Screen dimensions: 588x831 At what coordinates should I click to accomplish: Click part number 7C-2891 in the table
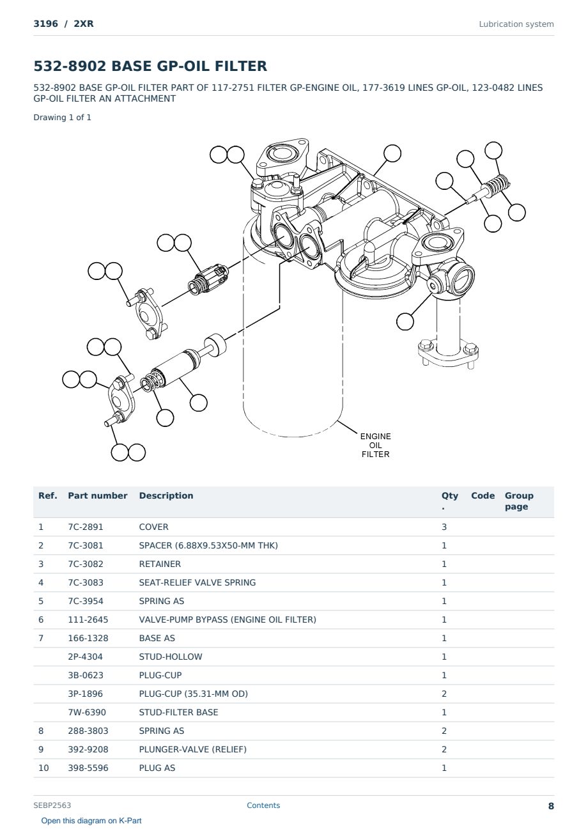86,527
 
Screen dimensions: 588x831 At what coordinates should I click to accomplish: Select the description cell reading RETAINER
160,564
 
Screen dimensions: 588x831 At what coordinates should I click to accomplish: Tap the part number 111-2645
88,619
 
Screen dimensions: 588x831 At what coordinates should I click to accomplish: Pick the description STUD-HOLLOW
171,656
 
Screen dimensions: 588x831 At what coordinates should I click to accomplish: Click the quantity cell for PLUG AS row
444,768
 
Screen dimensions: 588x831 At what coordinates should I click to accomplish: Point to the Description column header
166,495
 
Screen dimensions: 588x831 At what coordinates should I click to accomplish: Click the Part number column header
98,495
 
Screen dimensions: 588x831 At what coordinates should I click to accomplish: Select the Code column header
483,495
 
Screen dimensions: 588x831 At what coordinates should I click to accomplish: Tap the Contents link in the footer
263,805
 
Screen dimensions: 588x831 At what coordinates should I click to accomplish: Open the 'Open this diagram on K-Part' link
91,821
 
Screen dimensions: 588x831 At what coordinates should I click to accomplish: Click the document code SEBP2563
52,805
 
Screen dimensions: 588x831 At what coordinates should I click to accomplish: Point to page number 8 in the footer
551,806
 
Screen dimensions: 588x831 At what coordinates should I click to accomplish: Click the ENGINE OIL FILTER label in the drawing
375,445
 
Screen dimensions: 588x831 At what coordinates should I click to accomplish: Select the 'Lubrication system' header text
516,24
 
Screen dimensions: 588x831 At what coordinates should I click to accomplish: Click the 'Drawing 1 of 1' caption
63,118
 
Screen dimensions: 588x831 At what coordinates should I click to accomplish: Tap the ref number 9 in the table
41,749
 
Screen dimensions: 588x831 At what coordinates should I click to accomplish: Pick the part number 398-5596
88,768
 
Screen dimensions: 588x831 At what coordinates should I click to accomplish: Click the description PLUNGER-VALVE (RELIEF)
192,749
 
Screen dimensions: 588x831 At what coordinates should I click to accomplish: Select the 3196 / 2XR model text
63,24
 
